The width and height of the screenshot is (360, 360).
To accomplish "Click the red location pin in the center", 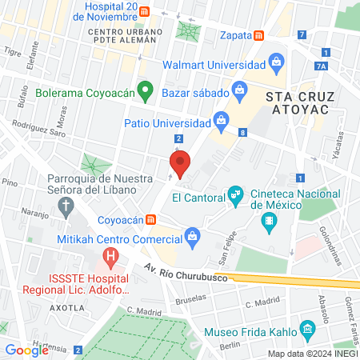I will click(x=181, y=163).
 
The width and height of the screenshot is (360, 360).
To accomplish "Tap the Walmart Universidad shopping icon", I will click(x=276, y=62).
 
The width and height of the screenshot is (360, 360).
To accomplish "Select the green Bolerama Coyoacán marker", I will click(x=145, y=91).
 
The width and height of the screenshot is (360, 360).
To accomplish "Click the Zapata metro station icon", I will click(x=258, y=36).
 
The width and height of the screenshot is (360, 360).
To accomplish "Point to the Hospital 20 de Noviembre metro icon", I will click(x=144, y=11).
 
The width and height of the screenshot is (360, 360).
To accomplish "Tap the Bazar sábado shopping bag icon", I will click(x=238, y=89).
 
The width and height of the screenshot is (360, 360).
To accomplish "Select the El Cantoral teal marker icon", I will click(x=235, y=193).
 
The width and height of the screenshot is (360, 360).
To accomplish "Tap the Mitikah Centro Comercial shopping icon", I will click(x=192, y=235).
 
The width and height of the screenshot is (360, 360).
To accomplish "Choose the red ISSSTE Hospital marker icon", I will click(x=110, y=258).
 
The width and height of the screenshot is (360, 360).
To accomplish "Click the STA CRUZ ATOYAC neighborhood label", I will click(x=296, y=103).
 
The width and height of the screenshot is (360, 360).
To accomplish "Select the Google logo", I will click(x=26, y=350).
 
